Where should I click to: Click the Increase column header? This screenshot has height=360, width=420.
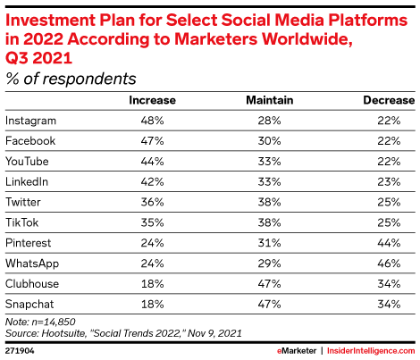point(152,100)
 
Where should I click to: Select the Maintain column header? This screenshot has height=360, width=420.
point(270,100)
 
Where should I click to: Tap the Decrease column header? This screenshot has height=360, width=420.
point(389,100)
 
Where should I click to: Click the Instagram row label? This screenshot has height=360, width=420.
point(30,121)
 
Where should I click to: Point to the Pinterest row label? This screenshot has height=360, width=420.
point(29,243)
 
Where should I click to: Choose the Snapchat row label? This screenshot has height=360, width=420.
point(29,305)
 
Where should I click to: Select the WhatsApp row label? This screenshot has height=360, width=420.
point(32,264)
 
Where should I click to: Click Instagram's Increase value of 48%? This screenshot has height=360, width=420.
point(152,121)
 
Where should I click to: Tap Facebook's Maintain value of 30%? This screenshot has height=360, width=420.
point(269,141)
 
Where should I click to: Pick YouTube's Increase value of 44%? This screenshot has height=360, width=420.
point(152,162)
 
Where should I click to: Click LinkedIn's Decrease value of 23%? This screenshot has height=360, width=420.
point(389,181)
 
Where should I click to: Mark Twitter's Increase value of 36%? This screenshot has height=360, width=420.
point(152,202)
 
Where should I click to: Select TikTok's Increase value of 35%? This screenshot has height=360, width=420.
point(152,222)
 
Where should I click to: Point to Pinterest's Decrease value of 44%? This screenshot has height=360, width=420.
point(389,243)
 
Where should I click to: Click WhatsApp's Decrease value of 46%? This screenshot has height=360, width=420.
point(389,264)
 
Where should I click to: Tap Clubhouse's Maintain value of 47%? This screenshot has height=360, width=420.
point(269,284)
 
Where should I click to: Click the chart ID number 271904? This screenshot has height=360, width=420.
point(20,351)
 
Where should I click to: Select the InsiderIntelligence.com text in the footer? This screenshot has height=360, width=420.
point(371,351)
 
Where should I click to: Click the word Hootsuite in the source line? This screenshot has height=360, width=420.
point(63,333)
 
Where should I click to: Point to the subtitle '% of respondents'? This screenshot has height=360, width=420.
point(71,79)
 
